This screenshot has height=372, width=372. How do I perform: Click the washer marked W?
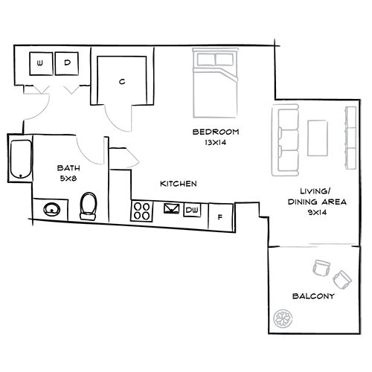[x=40, y=65]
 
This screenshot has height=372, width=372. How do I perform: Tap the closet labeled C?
[x=121, y=82]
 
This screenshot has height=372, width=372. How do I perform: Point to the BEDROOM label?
[x=215, y=132]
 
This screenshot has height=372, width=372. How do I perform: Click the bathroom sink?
[x=51, y=210]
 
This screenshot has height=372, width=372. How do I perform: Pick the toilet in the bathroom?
[x=89, y=205]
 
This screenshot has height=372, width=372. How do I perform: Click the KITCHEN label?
[x=179, y=183]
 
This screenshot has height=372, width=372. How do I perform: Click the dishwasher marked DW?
[x=192, y=211]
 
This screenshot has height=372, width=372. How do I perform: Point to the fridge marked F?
[x=220, y=217]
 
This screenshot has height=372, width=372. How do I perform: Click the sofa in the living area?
[x=286, y=140]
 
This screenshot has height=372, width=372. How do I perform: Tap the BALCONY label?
[x=313, y=295]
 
